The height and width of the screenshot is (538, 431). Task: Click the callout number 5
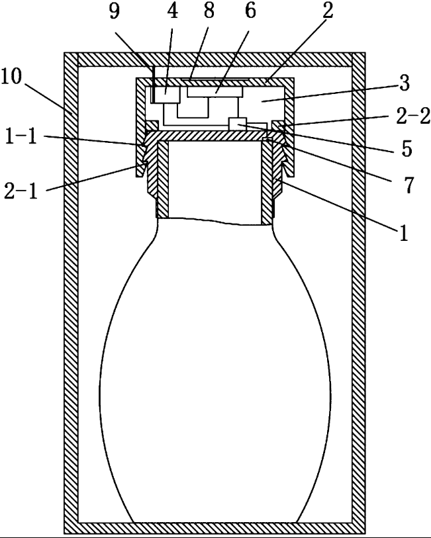pos(406,149)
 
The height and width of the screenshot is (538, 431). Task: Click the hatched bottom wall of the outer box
pos(215,528)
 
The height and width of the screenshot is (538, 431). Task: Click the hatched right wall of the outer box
pos(358,291)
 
